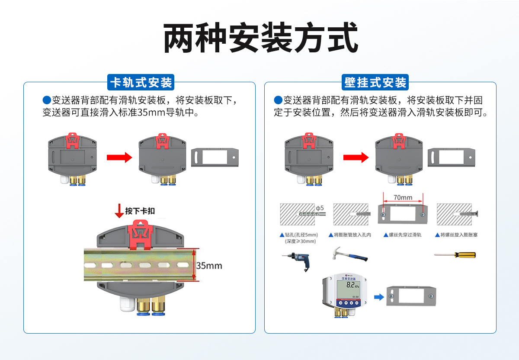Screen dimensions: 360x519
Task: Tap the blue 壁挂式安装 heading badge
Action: (x=375, y=82)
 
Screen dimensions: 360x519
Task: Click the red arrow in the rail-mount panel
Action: (x=119, y=157)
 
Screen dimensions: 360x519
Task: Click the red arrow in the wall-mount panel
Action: (x=356, y=157)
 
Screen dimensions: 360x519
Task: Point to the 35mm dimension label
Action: (x=209, y=265)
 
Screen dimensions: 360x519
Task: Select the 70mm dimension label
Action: (x=403, y=198)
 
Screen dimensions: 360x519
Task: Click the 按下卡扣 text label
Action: (x=140, y=211)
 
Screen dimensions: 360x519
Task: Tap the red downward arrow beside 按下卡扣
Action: (x=119, y=211)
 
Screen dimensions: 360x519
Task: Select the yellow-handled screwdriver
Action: (x=455, y=255)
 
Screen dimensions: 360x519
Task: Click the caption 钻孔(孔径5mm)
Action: (x=301, y=235)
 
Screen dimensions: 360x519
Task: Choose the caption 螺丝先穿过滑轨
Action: (x=402, y=235)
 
